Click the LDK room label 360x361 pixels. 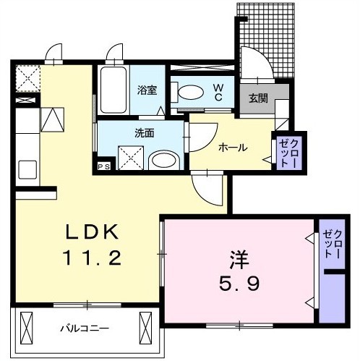(93, 232)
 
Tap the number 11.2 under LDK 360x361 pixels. (92, 258)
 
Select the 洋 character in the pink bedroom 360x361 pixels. (239, 260)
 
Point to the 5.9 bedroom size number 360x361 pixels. (239, 283)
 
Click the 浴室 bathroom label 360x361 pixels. (147, 90)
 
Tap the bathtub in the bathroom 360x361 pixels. (113, 90)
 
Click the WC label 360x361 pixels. (218, 92)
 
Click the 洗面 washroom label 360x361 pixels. (144, 133)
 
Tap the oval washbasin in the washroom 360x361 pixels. (164, 161)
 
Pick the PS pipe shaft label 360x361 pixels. (104, 166)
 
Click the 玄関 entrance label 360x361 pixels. (258, 98)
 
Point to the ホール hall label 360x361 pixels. (233, 148)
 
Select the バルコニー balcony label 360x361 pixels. (85, 328)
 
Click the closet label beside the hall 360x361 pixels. (288, 153)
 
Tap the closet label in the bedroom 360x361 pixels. (333, 245)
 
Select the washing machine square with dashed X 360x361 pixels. (130, 158)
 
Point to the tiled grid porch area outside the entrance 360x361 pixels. (267, 38)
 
